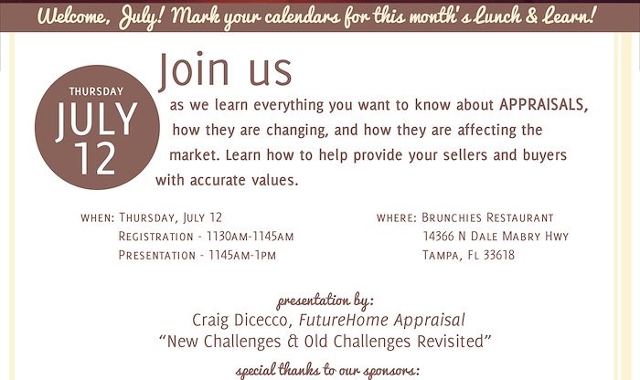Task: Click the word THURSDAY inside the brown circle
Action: click(96, 91)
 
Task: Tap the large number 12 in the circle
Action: click(96, 159)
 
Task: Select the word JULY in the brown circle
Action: click(97, 120)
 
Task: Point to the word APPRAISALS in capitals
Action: click(544, 105)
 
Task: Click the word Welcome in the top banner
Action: click(73, 16)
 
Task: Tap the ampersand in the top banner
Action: click(531, 16)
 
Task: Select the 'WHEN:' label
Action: click(98, 217)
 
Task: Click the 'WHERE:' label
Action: click(397, 217)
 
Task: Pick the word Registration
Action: click(156, 236)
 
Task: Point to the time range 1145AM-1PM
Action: click(242, 255)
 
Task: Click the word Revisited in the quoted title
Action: click(450, 341)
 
